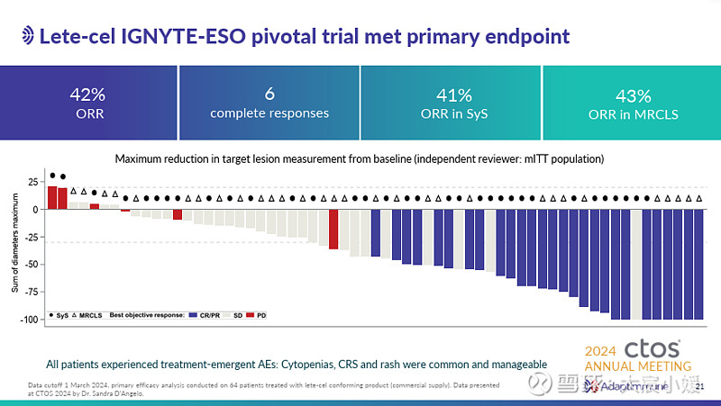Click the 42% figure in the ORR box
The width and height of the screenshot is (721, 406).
(x=89, y=95)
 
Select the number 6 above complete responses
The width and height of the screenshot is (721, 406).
(x=269, y=95)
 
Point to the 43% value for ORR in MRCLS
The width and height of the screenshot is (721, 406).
(x=633, y=95)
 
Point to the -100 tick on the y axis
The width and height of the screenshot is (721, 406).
(x=28, y=320)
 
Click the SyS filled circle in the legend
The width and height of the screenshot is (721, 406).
(x=50, y=315)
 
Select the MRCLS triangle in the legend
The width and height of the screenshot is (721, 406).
(x=75, y=315)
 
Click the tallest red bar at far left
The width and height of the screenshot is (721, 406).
(x=52, y=197)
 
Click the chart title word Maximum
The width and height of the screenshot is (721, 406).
(x=139, y=158)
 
